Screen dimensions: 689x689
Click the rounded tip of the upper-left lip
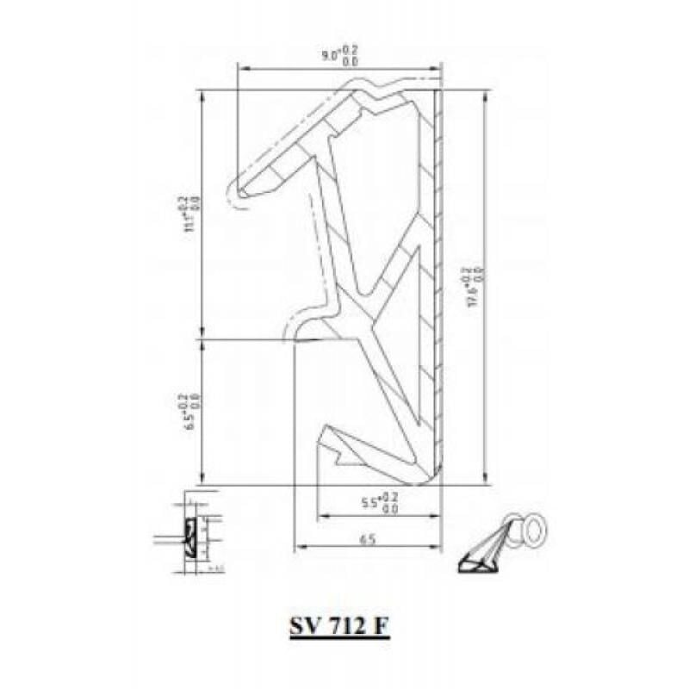coord(241,192)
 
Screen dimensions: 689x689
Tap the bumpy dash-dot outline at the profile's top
coord(379,84)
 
